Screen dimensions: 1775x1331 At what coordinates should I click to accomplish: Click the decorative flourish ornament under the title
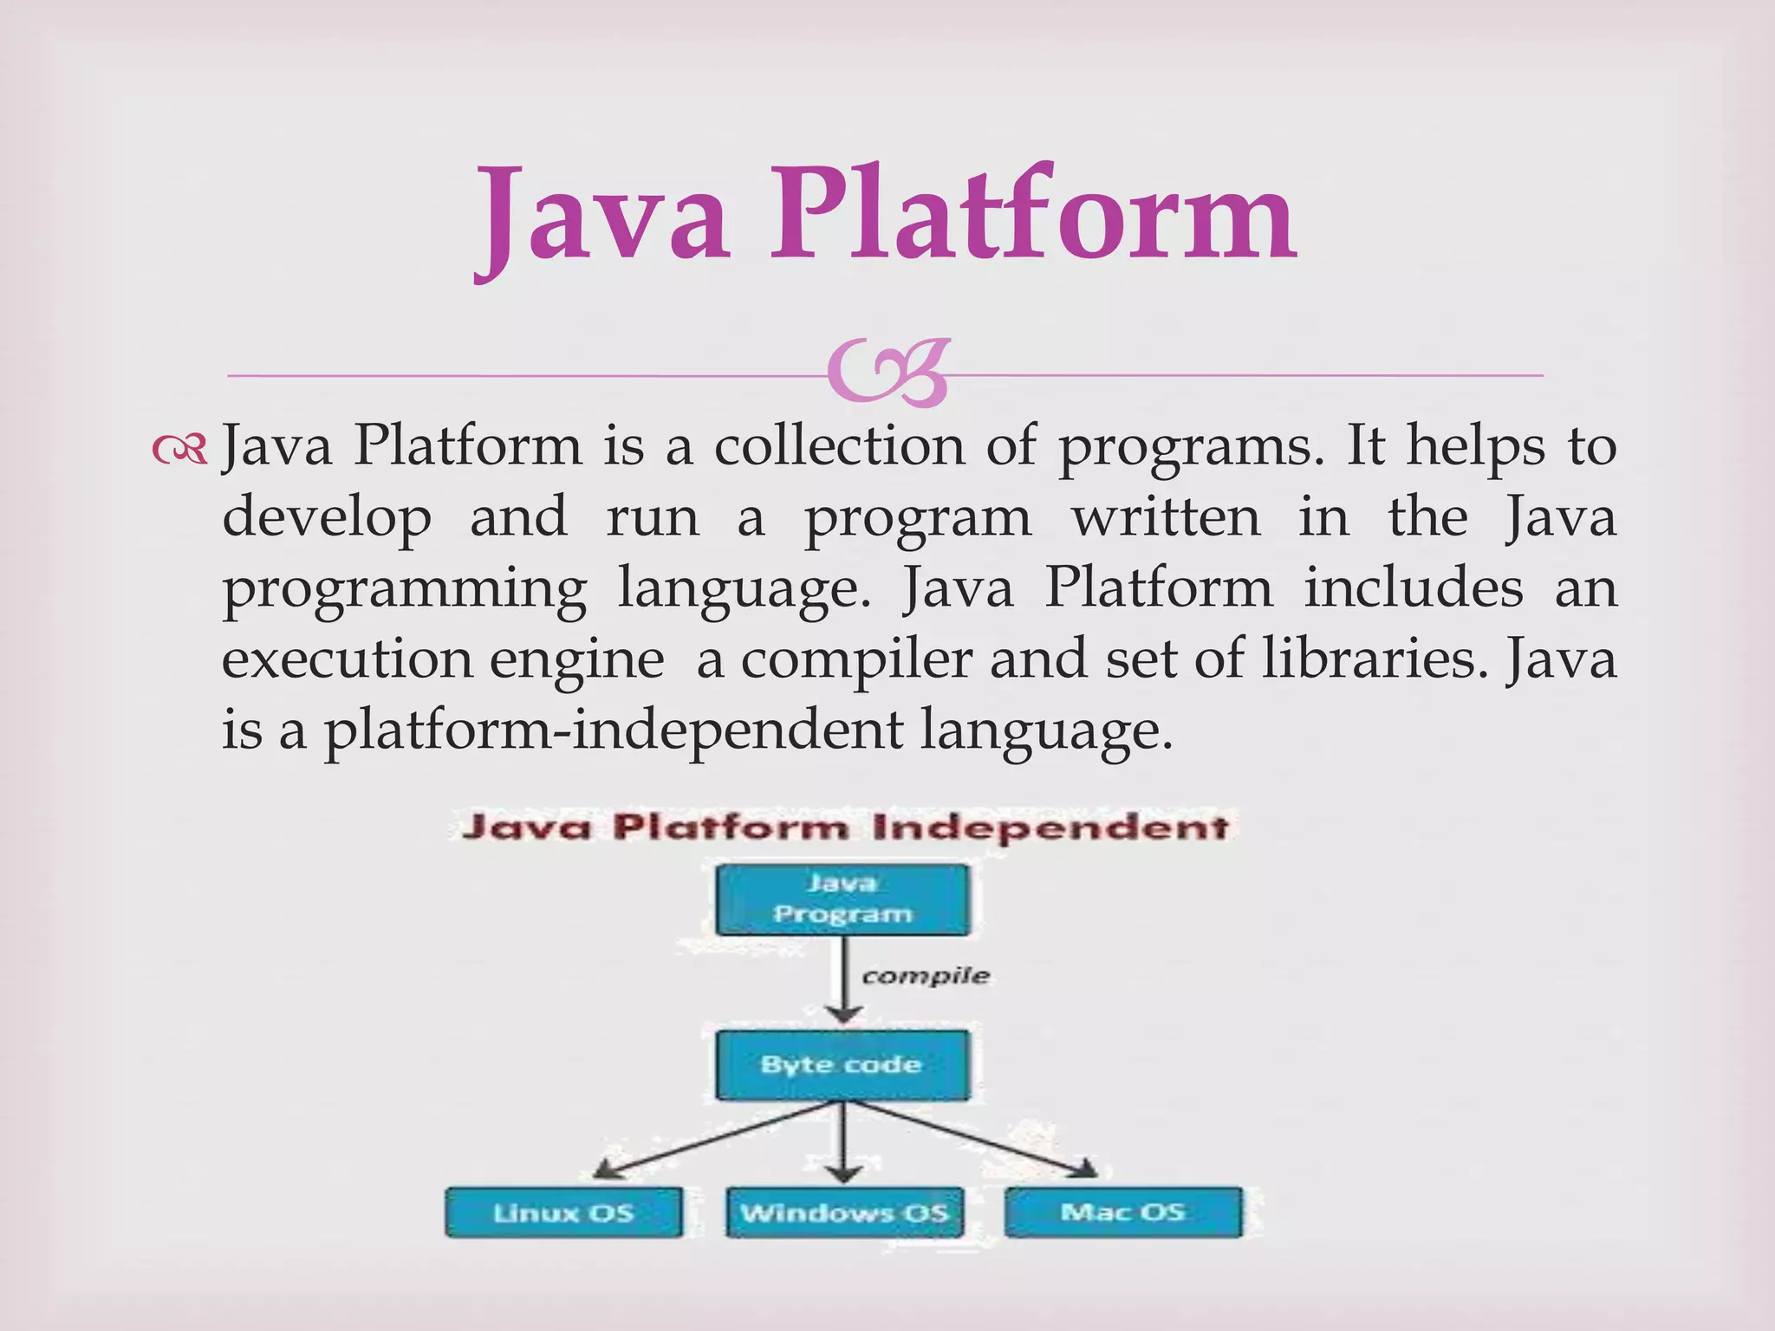[x=887, y=375]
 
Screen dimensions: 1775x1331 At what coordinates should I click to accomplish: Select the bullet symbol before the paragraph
[x=179, y=448]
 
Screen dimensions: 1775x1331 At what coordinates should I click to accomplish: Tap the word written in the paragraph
[x=1166, y=517]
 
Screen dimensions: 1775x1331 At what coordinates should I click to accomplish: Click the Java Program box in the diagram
[x=842, y=899]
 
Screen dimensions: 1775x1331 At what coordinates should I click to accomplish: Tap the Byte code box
[x=842, y=1065]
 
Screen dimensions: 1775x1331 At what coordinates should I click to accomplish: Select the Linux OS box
[x=563, y=1212]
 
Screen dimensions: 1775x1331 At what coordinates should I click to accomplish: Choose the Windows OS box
[x=844, y=1212]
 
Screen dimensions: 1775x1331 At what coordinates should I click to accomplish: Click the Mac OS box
[x=1123, y=1211]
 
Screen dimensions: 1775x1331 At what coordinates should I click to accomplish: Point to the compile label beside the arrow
[x=925, y=977]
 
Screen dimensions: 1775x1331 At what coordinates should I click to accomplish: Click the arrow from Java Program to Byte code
[x=843, y=979]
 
